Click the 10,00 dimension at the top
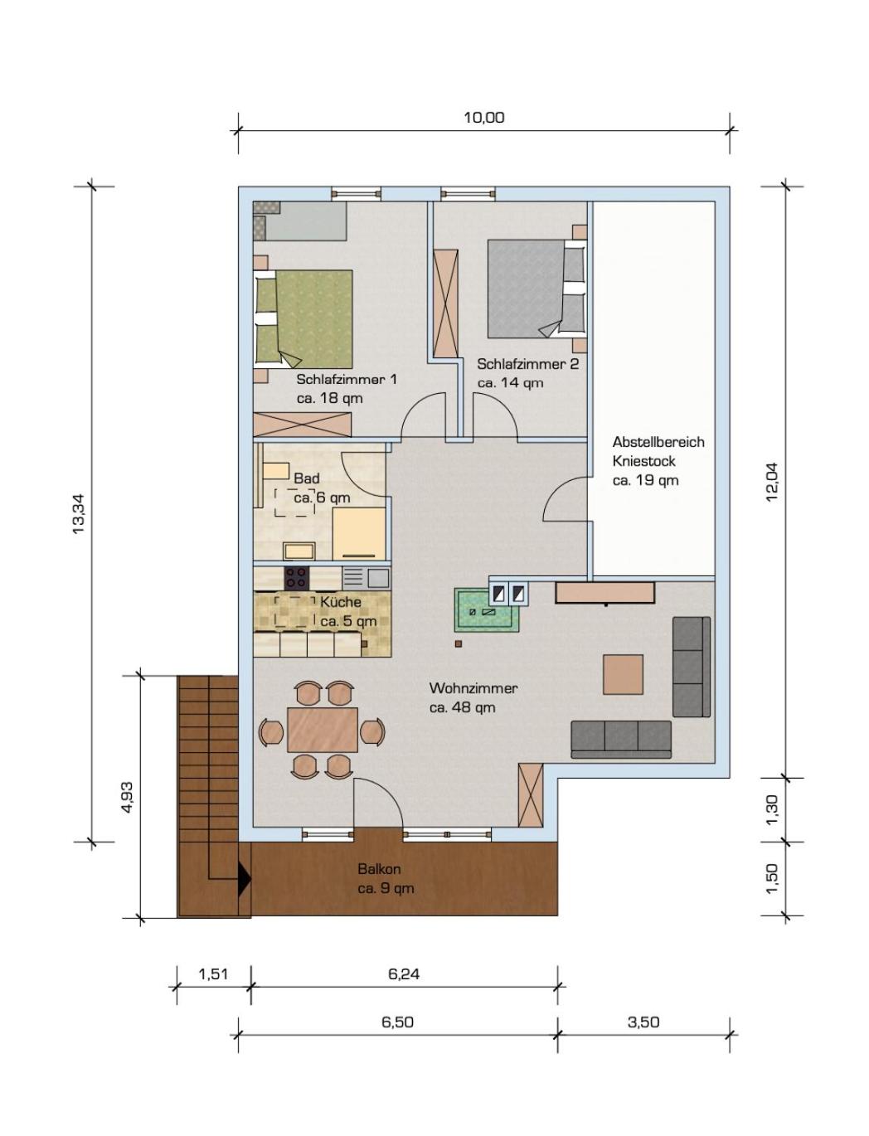(x=483, y=118)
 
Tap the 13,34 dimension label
(x=79, y=514)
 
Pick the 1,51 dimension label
(x=213, y=973)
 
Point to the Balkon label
(x=379, y=869)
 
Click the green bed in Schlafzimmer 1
(x=304, y=318)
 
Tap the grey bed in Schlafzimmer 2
(x=536, y=287)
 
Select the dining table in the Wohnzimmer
(x=323, y=730)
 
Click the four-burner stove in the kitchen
(x=296, y=576)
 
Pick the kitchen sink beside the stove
(x=366, y=576)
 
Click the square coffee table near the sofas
(x=624, y=674)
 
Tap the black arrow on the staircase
(x=244, y=878)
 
